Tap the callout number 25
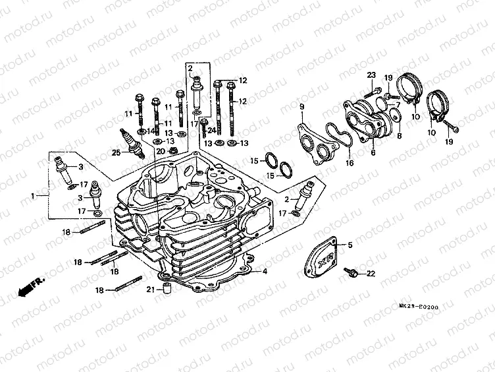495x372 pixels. point(116,153)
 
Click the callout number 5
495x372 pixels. point(350,245)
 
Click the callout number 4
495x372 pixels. point(265,271)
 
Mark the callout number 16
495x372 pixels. point(349,162)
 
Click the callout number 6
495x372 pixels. point(373,152)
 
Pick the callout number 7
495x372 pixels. point(398,105)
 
